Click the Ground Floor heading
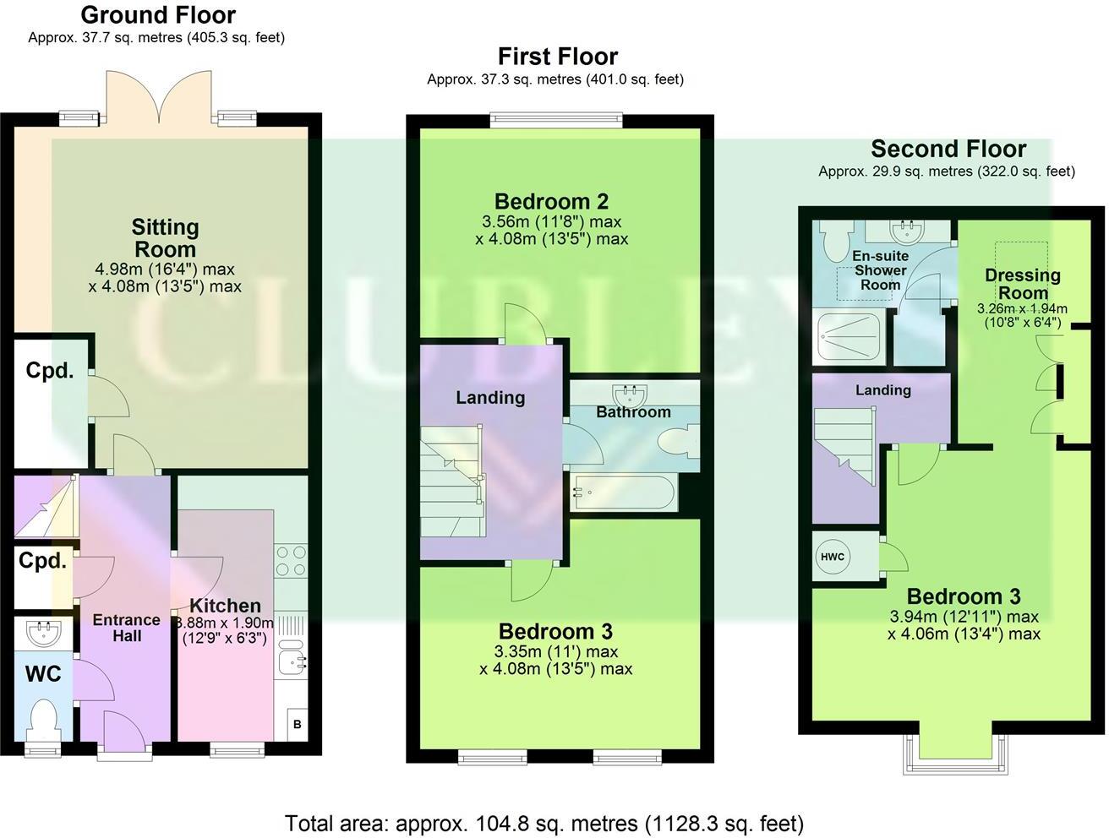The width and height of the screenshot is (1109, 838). tap(158, 15)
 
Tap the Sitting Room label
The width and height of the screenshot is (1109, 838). tap(165, 238)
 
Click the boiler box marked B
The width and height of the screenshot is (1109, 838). tap(296, 724)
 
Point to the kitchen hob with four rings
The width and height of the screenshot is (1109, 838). tap(290, 561)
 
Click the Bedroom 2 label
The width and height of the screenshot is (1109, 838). tap(551, 202)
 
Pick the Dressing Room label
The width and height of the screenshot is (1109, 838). tap(1023, 284)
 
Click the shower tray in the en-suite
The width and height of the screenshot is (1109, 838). tap(850, 337)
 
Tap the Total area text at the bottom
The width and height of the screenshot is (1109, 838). tap(544, 823)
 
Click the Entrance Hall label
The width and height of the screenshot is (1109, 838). tap(126, 628)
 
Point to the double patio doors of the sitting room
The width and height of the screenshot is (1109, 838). tap(160, 97)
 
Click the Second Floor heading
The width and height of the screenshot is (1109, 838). tap(948, 150)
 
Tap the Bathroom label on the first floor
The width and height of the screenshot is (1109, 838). tap(633, 412)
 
